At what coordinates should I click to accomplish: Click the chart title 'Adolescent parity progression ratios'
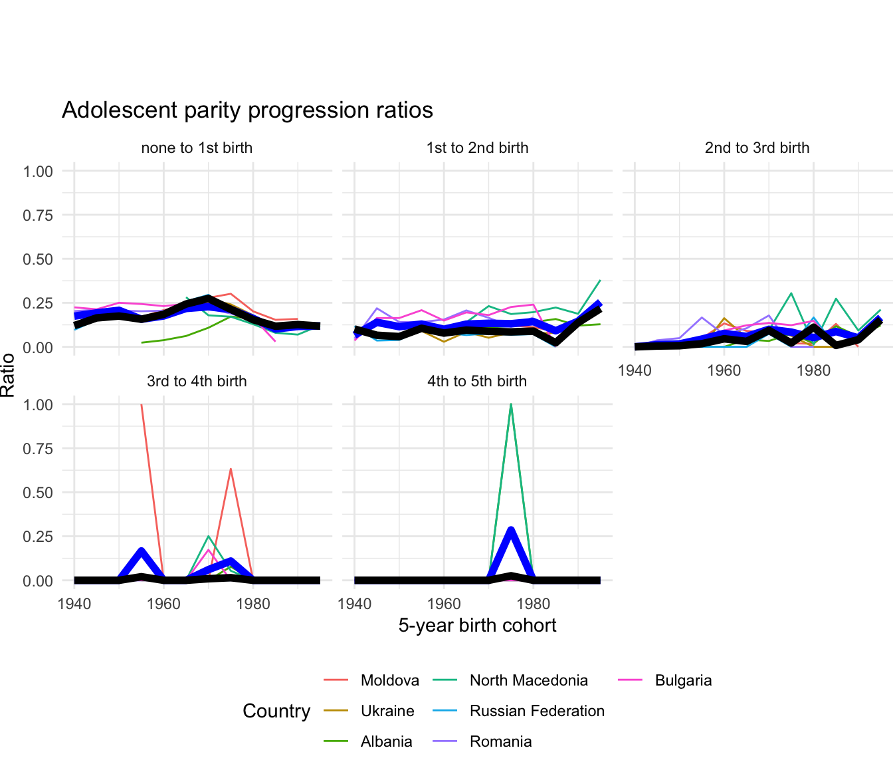(247, 110)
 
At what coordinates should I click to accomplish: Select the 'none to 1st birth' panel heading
(197, 148)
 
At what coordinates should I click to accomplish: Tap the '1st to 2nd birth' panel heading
(477, 148)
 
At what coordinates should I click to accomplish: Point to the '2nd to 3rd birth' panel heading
(757, 148)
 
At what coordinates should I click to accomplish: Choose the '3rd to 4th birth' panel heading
(197, 381)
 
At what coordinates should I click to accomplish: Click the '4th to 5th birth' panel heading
(477, 381)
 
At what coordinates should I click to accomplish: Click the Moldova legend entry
(389, 680)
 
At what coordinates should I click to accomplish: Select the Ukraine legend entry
(387, 711)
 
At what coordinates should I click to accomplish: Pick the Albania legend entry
(386, 741)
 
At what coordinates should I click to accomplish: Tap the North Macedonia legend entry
(528, 680)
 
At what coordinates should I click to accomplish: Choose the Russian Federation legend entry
(537, 711)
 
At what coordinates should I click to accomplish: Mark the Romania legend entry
(500, 741)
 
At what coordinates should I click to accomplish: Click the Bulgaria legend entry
(683, 680)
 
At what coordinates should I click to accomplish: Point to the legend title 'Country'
(276, 711)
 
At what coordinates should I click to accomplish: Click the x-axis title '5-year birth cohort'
(477, 625)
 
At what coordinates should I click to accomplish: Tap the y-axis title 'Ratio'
(8, 376)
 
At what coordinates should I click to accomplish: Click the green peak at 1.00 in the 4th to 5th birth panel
(510, 405)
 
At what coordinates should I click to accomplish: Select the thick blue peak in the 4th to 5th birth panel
(510, 530)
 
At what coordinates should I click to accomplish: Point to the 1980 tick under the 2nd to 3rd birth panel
(813, 370)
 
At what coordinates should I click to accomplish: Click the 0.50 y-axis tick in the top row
(38, 259)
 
